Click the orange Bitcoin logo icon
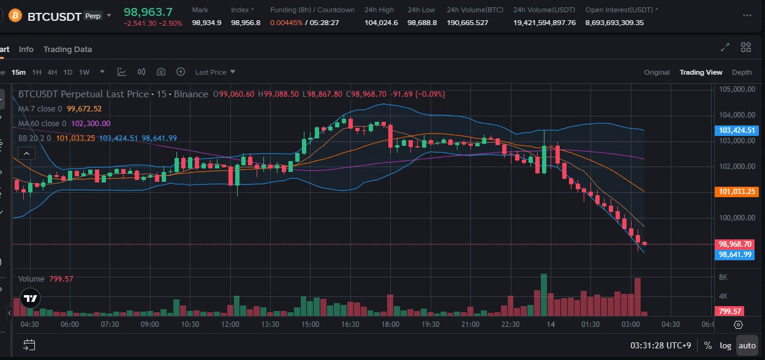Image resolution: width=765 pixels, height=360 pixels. pos(15,15)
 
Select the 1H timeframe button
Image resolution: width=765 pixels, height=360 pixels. pos(37,72)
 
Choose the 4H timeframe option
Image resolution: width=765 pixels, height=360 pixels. pos(52,72)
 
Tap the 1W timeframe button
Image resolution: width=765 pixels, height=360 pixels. pos(84,72)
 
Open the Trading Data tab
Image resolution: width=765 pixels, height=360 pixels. pos(67,49)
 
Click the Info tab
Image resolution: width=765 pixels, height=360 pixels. pos(26,49)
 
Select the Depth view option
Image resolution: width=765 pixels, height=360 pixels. pos(742,72)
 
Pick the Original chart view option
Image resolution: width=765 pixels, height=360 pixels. pos(657,72)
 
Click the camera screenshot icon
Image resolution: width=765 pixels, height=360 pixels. pos(161,72)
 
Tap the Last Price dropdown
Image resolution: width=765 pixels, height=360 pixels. pos(215,72)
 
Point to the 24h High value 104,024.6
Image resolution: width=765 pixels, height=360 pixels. pos(381,23)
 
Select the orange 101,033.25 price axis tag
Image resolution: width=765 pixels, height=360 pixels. pos(736,192)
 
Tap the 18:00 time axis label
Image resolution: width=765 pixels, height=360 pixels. pos(390,324)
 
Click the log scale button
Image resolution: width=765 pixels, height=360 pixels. pos(725,345)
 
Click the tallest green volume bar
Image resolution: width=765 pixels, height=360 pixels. pos(543,295)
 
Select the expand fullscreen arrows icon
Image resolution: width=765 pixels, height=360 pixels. pos(725,47)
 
